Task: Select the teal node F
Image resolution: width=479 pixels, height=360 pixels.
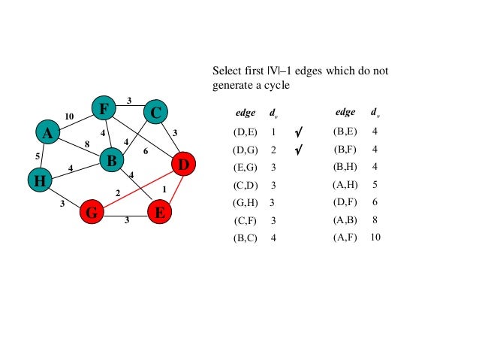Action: tap(104, 110)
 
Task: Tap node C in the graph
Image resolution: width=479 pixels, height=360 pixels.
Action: tap(155, 113)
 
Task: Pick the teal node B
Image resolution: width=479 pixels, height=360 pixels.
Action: tap(111, 159)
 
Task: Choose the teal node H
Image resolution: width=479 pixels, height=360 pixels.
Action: tap(39, 180)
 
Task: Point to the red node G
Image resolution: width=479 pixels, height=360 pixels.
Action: tap(92, 213)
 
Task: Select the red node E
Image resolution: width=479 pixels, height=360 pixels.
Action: tap(159, 213)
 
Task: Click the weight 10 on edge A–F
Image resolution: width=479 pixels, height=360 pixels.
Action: tap(69, 116)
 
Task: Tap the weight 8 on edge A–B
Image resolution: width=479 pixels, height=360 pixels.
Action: tap(86, 143)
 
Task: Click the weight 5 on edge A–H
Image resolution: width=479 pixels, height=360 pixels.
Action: tap(38, 156)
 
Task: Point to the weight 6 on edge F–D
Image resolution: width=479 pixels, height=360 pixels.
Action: tap(146, 151)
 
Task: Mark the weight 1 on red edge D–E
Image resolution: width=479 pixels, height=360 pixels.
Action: tap(164, 189)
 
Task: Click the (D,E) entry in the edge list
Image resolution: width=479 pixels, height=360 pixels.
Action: tap(246, 132)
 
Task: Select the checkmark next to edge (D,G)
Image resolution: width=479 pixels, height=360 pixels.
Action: tap(299, 150)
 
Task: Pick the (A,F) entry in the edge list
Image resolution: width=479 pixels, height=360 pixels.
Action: tap(345, 237)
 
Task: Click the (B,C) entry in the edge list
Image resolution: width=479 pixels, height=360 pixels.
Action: tap(246, 237)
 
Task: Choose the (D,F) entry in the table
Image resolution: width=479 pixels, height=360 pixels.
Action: tap(345, 202)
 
